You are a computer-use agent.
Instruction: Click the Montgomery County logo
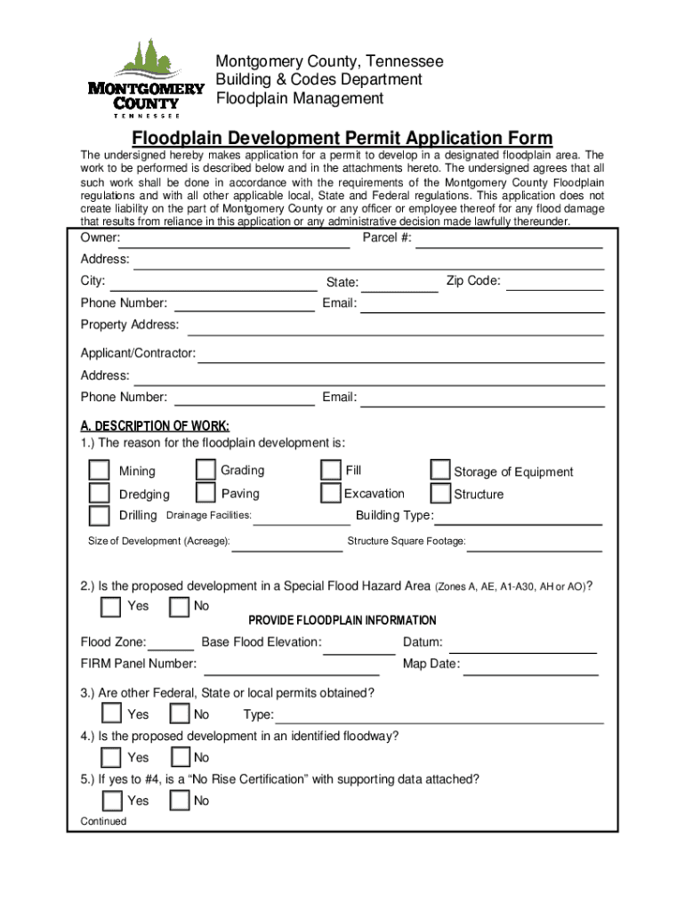click(146, 78)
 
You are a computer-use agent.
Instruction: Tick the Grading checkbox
click(205, 470)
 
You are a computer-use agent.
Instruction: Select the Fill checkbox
click(330, 470)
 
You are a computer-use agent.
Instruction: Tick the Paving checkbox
click(205, 493)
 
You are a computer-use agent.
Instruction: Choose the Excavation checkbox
click(330, 493)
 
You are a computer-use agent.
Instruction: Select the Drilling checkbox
click(99, 516)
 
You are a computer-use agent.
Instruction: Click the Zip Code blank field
click(555, 283)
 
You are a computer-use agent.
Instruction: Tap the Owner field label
click(101, 238)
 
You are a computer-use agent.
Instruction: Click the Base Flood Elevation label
click(262, 642)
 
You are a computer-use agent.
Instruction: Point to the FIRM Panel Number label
click(139, 664)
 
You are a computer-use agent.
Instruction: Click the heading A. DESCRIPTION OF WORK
click(155, 425)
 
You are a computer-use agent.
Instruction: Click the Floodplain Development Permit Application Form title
click(342, 139)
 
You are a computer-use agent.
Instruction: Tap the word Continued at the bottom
click(103, 821)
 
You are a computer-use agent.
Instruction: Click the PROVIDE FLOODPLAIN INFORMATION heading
click(342, 620)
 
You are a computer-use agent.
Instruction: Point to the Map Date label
click(431, 664)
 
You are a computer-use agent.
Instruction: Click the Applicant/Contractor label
click(138, 353)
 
